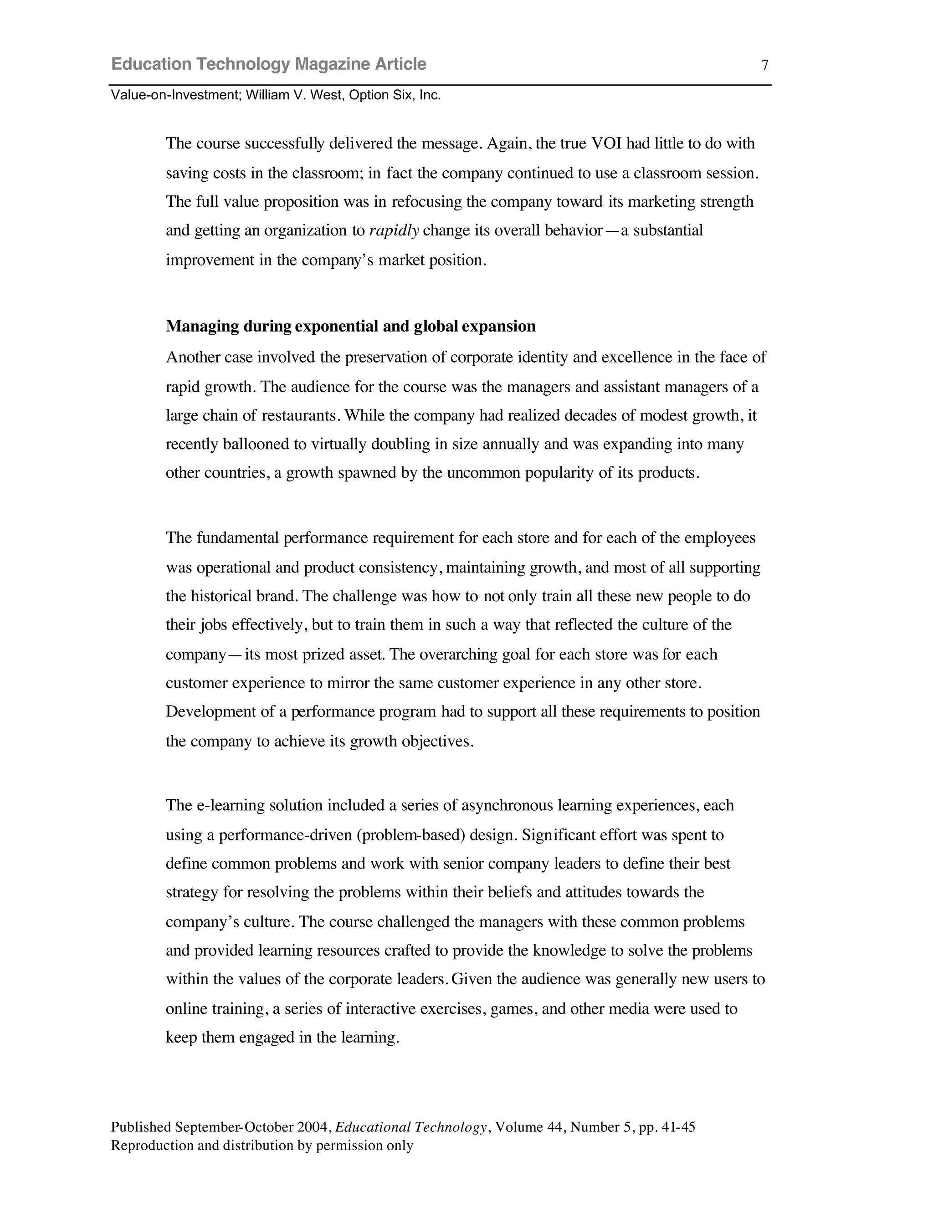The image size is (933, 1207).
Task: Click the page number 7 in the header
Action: (764, 65)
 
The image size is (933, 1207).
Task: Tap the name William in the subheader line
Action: (267, 95)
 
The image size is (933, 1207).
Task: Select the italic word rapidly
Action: (394, 230)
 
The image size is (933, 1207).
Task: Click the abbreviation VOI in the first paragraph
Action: (606, 143)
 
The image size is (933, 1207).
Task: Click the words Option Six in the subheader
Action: (382, 95)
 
